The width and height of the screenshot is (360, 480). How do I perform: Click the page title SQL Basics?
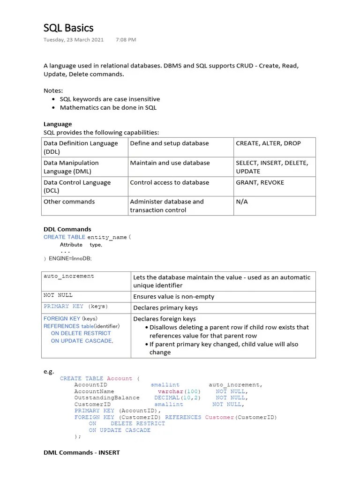68,28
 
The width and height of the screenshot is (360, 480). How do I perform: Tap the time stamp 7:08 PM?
126,40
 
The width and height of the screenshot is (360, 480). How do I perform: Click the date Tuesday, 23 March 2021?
74,40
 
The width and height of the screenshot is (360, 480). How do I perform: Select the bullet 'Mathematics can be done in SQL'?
108,107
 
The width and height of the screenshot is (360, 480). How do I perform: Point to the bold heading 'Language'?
58,124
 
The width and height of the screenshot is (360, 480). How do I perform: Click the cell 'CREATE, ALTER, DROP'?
268,143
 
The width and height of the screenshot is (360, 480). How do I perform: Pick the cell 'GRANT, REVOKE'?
260,182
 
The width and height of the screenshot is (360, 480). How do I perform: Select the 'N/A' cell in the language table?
242,202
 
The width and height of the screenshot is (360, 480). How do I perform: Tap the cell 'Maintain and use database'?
169,163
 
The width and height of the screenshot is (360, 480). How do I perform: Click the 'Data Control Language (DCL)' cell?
77,186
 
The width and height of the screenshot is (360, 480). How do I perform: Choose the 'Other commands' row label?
69,202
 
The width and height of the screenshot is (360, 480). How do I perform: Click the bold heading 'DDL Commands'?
67,229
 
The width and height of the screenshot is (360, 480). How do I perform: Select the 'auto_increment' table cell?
69,276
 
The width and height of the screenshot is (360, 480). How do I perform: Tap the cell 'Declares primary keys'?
165,308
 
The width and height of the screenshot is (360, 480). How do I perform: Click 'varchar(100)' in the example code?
179,391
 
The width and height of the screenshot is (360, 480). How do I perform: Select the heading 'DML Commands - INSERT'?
82,452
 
